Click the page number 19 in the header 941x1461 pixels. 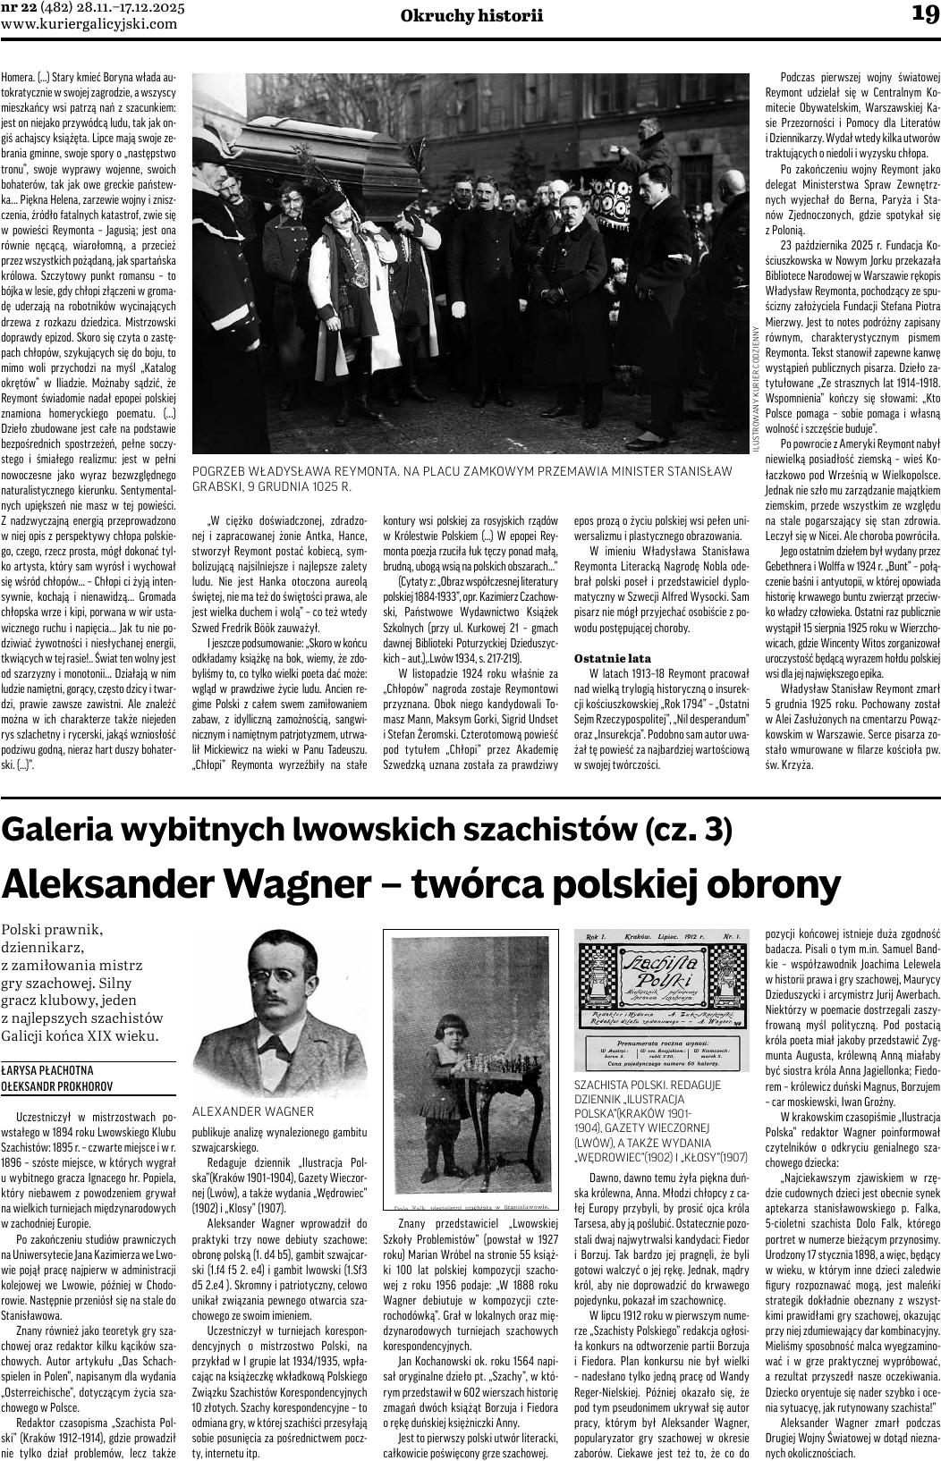pos(924,13)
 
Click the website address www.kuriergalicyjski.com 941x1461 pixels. pos(89,24)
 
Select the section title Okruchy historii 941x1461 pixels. pos(471,16)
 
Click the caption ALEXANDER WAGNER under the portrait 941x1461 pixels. pos(253,1111)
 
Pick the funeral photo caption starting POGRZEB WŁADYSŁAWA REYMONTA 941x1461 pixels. pos(462,478)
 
